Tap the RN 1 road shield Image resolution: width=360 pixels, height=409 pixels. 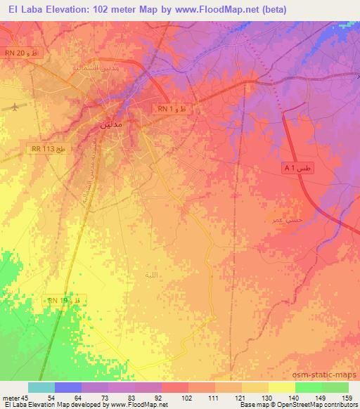tap(172, 109)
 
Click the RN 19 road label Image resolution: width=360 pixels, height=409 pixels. tap(66, 300)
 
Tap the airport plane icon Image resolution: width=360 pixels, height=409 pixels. tap(16, 108)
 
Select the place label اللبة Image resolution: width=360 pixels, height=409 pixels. tap(150, 274)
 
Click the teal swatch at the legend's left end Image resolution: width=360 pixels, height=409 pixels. tap(41, 387)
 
